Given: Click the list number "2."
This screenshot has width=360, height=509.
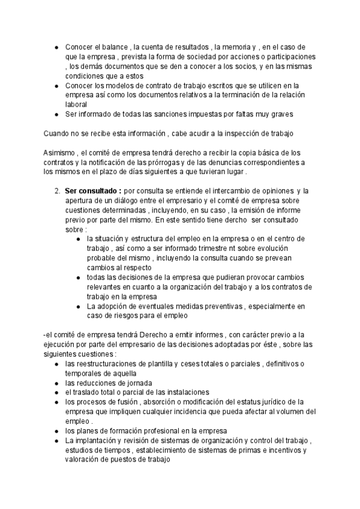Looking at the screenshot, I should [56, 190].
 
